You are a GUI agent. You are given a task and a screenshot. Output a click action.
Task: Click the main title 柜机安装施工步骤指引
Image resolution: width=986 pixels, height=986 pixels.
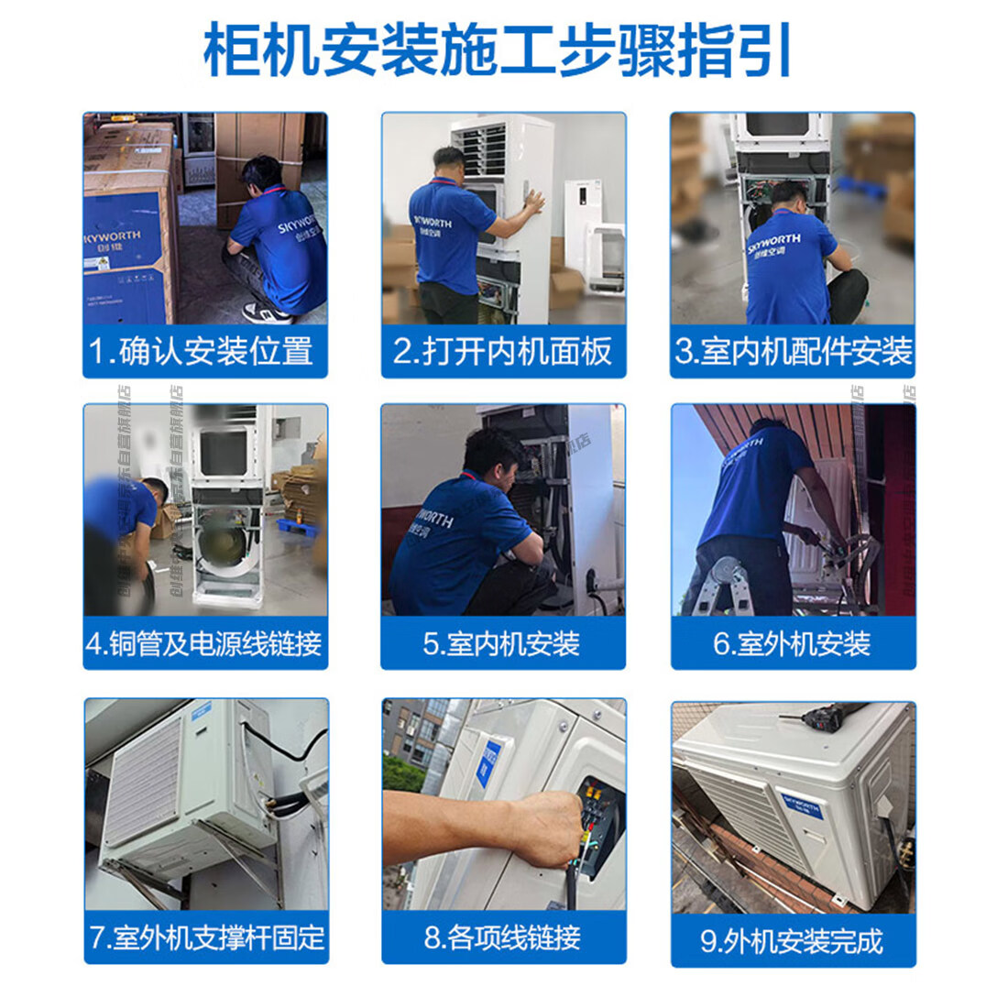[x=496, y=50]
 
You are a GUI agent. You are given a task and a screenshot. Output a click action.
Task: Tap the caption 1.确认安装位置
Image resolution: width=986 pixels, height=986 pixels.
[x=205, y=352]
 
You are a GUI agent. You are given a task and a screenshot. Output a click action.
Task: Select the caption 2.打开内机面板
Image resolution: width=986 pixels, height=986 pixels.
[x=503, y=352]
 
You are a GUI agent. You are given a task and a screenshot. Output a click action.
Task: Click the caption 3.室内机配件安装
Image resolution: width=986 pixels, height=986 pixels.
[x=793, y=352]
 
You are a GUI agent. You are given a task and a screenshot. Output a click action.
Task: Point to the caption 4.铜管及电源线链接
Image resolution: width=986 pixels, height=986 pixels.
[x=205, y=643]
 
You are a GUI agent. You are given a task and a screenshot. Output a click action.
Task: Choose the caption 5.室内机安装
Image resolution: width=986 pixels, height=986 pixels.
[x=503, y=643]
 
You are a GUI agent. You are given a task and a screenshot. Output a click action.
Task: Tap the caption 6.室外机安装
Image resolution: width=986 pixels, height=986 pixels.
[x=793, y=643]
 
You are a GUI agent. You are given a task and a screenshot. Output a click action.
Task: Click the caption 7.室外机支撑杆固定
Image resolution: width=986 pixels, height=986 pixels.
[x=206, y=938]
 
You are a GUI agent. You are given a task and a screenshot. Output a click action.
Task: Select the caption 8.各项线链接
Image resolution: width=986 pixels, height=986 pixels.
[x=503, y=938]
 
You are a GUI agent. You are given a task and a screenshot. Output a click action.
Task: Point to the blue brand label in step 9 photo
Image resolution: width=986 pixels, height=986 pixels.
[x=803, y=804]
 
